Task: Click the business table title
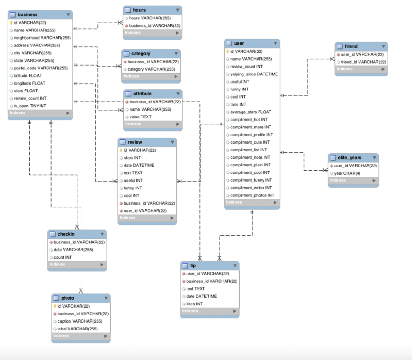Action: (x=27, y=14)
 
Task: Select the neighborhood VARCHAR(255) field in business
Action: (x=42, y=38)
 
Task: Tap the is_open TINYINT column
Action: (x=30, y=106)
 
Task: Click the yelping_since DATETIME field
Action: (x=254, y=74)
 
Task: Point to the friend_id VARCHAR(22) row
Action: (x=363, y=62)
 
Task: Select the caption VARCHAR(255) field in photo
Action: (x=80, y=321)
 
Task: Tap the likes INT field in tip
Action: (x=194, y=304)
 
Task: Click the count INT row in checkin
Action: (x=63, y=257)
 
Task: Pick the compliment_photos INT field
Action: (x=252, y=195)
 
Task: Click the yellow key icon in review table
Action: (x=121, y=150)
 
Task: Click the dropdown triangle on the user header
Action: (x=275, y=43)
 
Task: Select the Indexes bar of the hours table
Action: (x=152, y=33)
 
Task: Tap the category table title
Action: (x=141, y=53)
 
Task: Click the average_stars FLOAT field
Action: (x=250, y=112)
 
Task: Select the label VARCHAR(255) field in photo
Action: (x=77, y=329)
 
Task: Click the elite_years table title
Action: (x=349, y=158)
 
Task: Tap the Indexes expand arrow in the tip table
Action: (x=234, y=311)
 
